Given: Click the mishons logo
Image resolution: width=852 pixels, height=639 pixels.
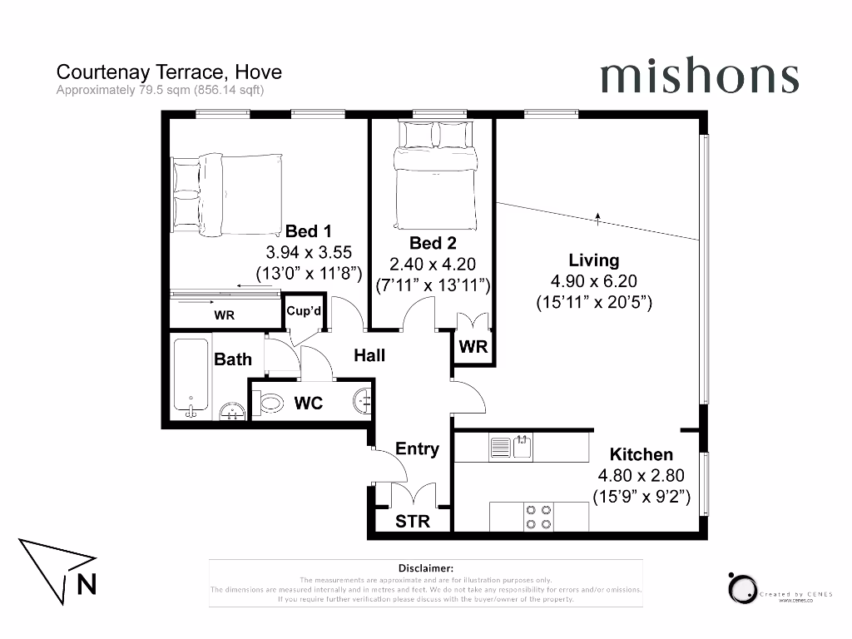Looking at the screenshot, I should pos(699,77).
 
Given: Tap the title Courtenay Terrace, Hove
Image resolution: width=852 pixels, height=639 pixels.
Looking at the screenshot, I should pos(169,72).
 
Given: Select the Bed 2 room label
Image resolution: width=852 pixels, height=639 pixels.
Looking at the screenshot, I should pos(433,243).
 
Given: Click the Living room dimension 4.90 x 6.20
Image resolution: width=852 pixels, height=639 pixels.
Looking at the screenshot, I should pos(594,281).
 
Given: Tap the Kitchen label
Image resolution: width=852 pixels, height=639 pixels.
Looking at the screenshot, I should pos(641,454).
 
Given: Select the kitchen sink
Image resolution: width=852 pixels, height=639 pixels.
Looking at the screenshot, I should pos(523,448).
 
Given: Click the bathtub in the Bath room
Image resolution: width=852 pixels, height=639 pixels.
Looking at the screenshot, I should pos(191,378).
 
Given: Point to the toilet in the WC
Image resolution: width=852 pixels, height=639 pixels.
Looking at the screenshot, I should pos(269,404).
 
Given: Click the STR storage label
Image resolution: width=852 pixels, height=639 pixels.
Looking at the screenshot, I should pos(413,523).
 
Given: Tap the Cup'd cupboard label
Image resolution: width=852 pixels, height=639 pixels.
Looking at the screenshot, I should pos(304,311).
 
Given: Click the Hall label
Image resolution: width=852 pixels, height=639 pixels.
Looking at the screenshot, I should pos(369,355).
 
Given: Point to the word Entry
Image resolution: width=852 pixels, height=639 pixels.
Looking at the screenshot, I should pos(417,448).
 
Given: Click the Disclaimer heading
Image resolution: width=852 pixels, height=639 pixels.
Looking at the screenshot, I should pos(425,567).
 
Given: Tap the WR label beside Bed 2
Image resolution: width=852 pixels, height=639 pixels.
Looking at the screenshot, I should pos(473,347).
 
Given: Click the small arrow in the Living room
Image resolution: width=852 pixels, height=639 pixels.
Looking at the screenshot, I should pos(597,219).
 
